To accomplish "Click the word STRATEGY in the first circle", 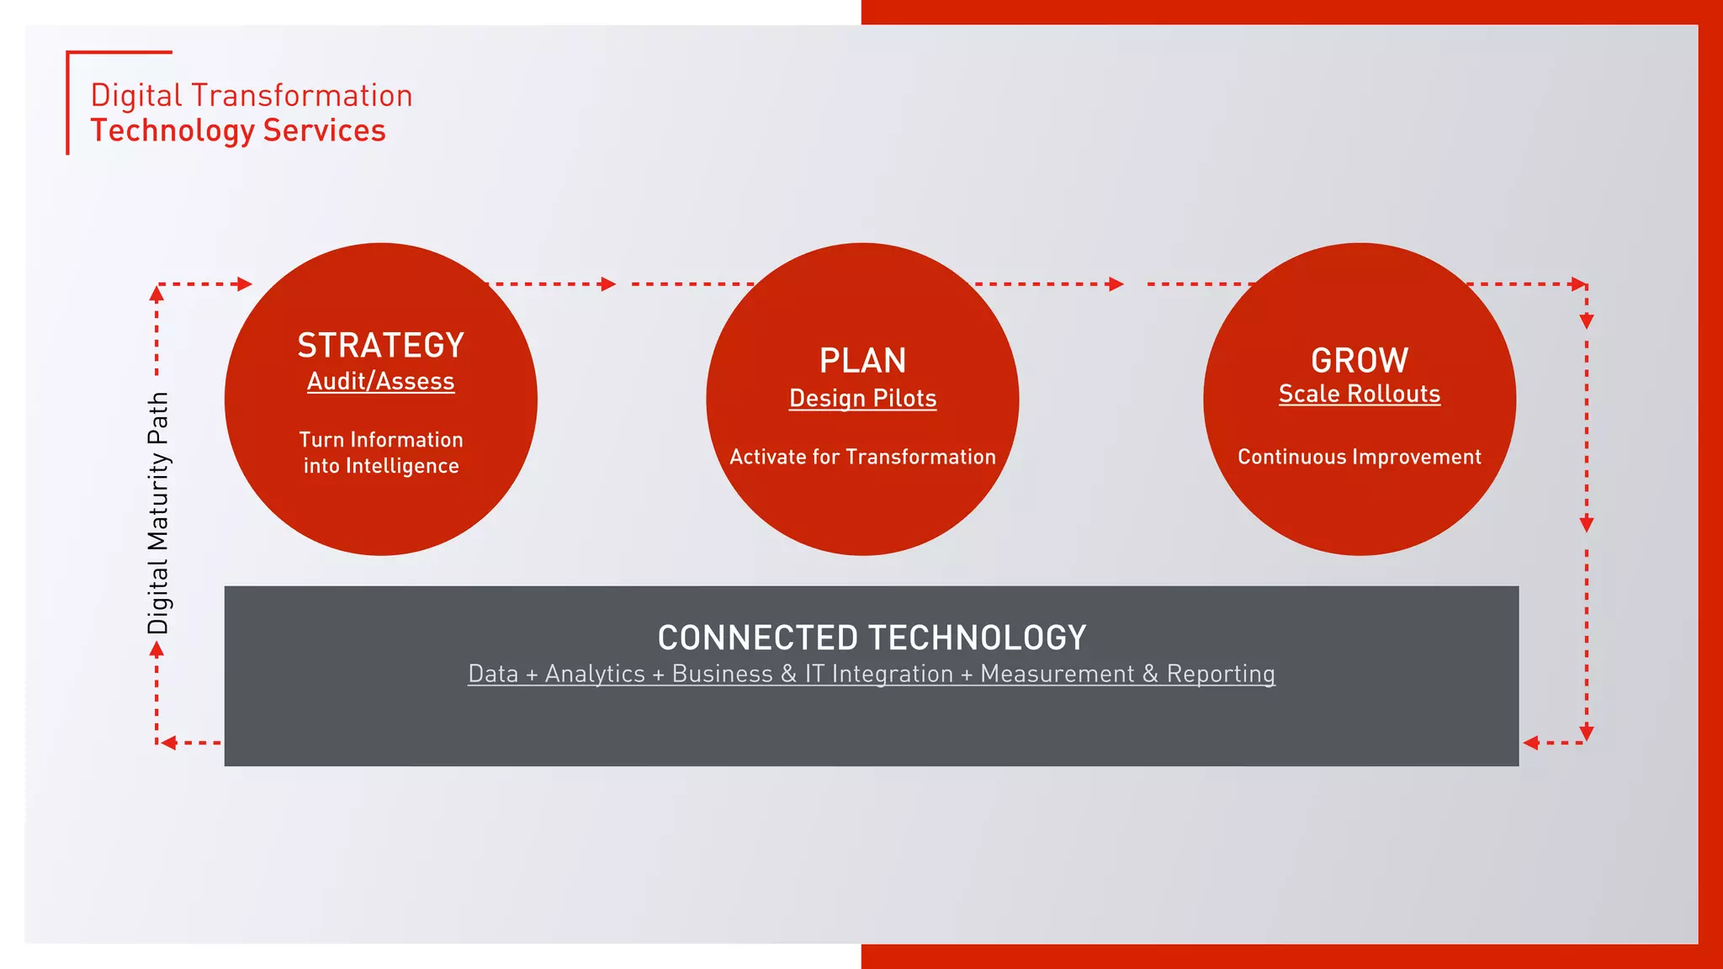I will (380, 346).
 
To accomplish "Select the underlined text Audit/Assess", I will (380, 382).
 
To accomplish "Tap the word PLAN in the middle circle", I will (862, 361).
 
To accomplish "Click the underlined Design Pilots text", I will (862, 399).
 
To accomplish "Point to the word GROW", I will (1360, 361).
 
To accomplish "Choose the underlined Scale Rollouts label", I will (1360, 394).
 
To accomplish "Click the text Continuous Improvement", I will (1360, 457).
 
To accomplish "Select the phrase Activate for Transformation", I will (862, 457).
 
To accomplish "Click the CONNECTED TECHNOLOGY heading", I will (872, 638).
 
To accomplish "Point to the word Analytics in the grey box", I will (595, 674).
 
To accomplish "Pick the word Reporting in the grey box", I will (1220, 674).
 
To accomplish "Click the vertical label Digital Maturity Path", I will (158, 513).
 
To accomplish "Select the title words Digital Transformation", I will (251, 96).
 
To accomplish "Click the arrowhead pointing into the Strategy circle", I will (245, 284).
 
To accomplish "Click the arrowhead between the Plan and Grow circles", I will (1116, 284).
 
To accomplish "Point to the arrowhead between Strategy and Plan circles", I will (608, 284).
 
